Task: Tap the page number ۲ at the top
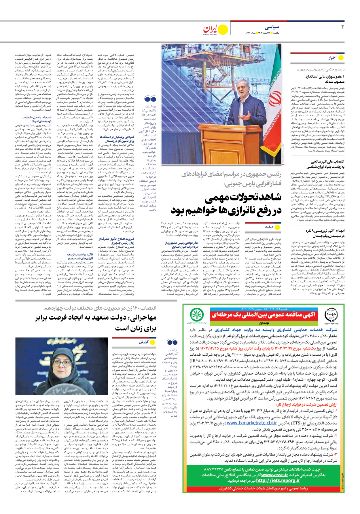click(343, 27)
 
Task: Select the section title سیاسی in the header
click(272, 27)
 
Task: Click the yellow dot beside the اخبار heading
click(341, 58)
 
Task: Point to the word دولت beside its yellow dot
click(269, 227)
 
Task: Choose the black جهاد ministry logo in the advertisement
click(331, 315)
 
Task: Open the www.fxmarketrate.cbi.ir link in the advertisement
click(252, 423)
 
